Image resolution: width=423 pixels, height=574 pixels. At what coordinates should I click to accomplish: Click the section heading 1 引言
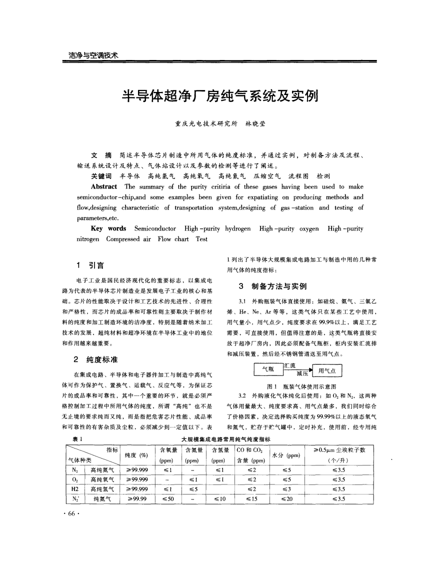tap(86, 264)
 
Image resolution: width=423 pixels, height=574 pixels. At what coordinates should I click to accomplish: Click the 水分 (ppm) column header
tap(285, 455)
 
